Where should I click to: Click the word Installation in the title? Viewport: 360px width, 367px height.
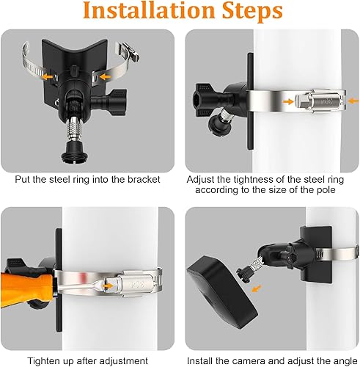tap(149, 11)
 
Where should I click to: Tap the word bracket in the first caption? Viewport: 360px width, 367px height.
tap(144, 180)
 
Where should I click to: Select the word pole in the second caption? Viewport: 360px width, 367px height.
tap(326, 190)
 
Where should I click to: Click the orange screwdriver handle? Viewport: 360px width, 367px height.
tap(27, 288)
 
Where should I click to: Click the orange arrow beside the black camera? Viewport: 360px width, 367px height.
tap(257, 288)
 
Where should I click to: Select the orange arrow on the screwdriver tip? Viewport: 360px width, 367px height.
tap(109, 286)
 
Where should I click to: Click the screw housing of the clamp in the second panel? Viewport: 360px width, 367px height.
tap(318, 101)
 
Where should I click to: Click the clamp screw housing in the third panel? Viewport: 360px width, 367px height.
tap(136, 283)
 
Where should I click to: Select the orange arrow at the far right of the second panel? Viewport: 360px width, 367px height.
tap(353, 101)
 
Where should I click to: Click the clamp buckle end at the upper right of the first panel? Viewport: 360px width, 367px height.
tap(130, 51)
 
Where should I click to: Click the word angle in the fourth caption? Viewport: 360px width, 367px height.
tap(345, 362)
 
